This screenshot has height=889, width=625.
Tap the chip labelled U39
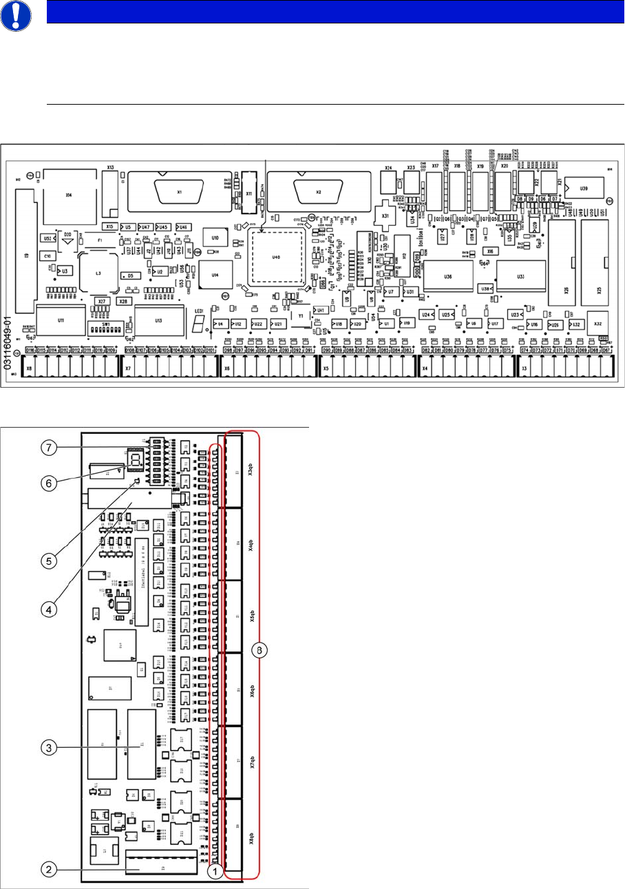tap(584, 187)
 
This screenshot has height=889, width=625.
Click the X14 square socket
tap(68, 196)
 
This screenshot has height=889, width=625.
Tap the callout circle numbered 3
tap(47, 745)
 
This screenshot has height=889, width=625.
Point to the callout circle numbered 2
tap(47, 870)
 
